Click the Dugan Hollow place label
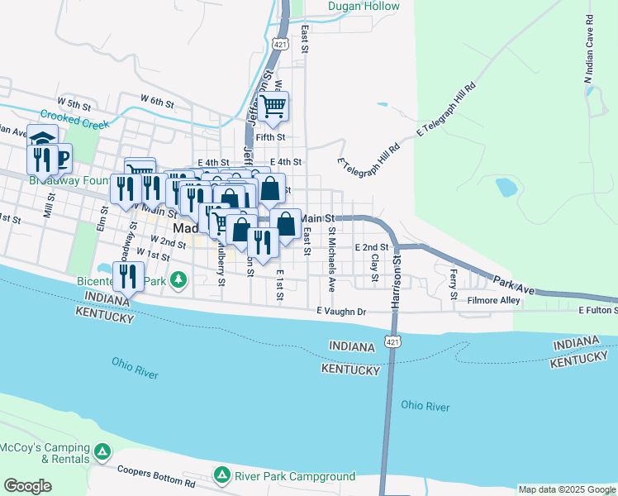[364, 7]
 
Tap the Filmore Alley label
[493, 301]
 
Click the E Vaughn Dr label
[340, 311]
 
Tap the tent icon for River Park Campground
[221, 475]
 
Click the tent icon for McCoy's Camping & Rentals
[102, 451]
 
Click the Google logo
[27, 486]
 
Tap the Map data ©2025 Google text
[566, 489]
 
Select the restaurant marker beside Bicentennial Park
[128, 276]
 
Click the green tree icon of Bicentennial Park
[175, 282]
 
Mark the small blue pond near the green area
[506, 188]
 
